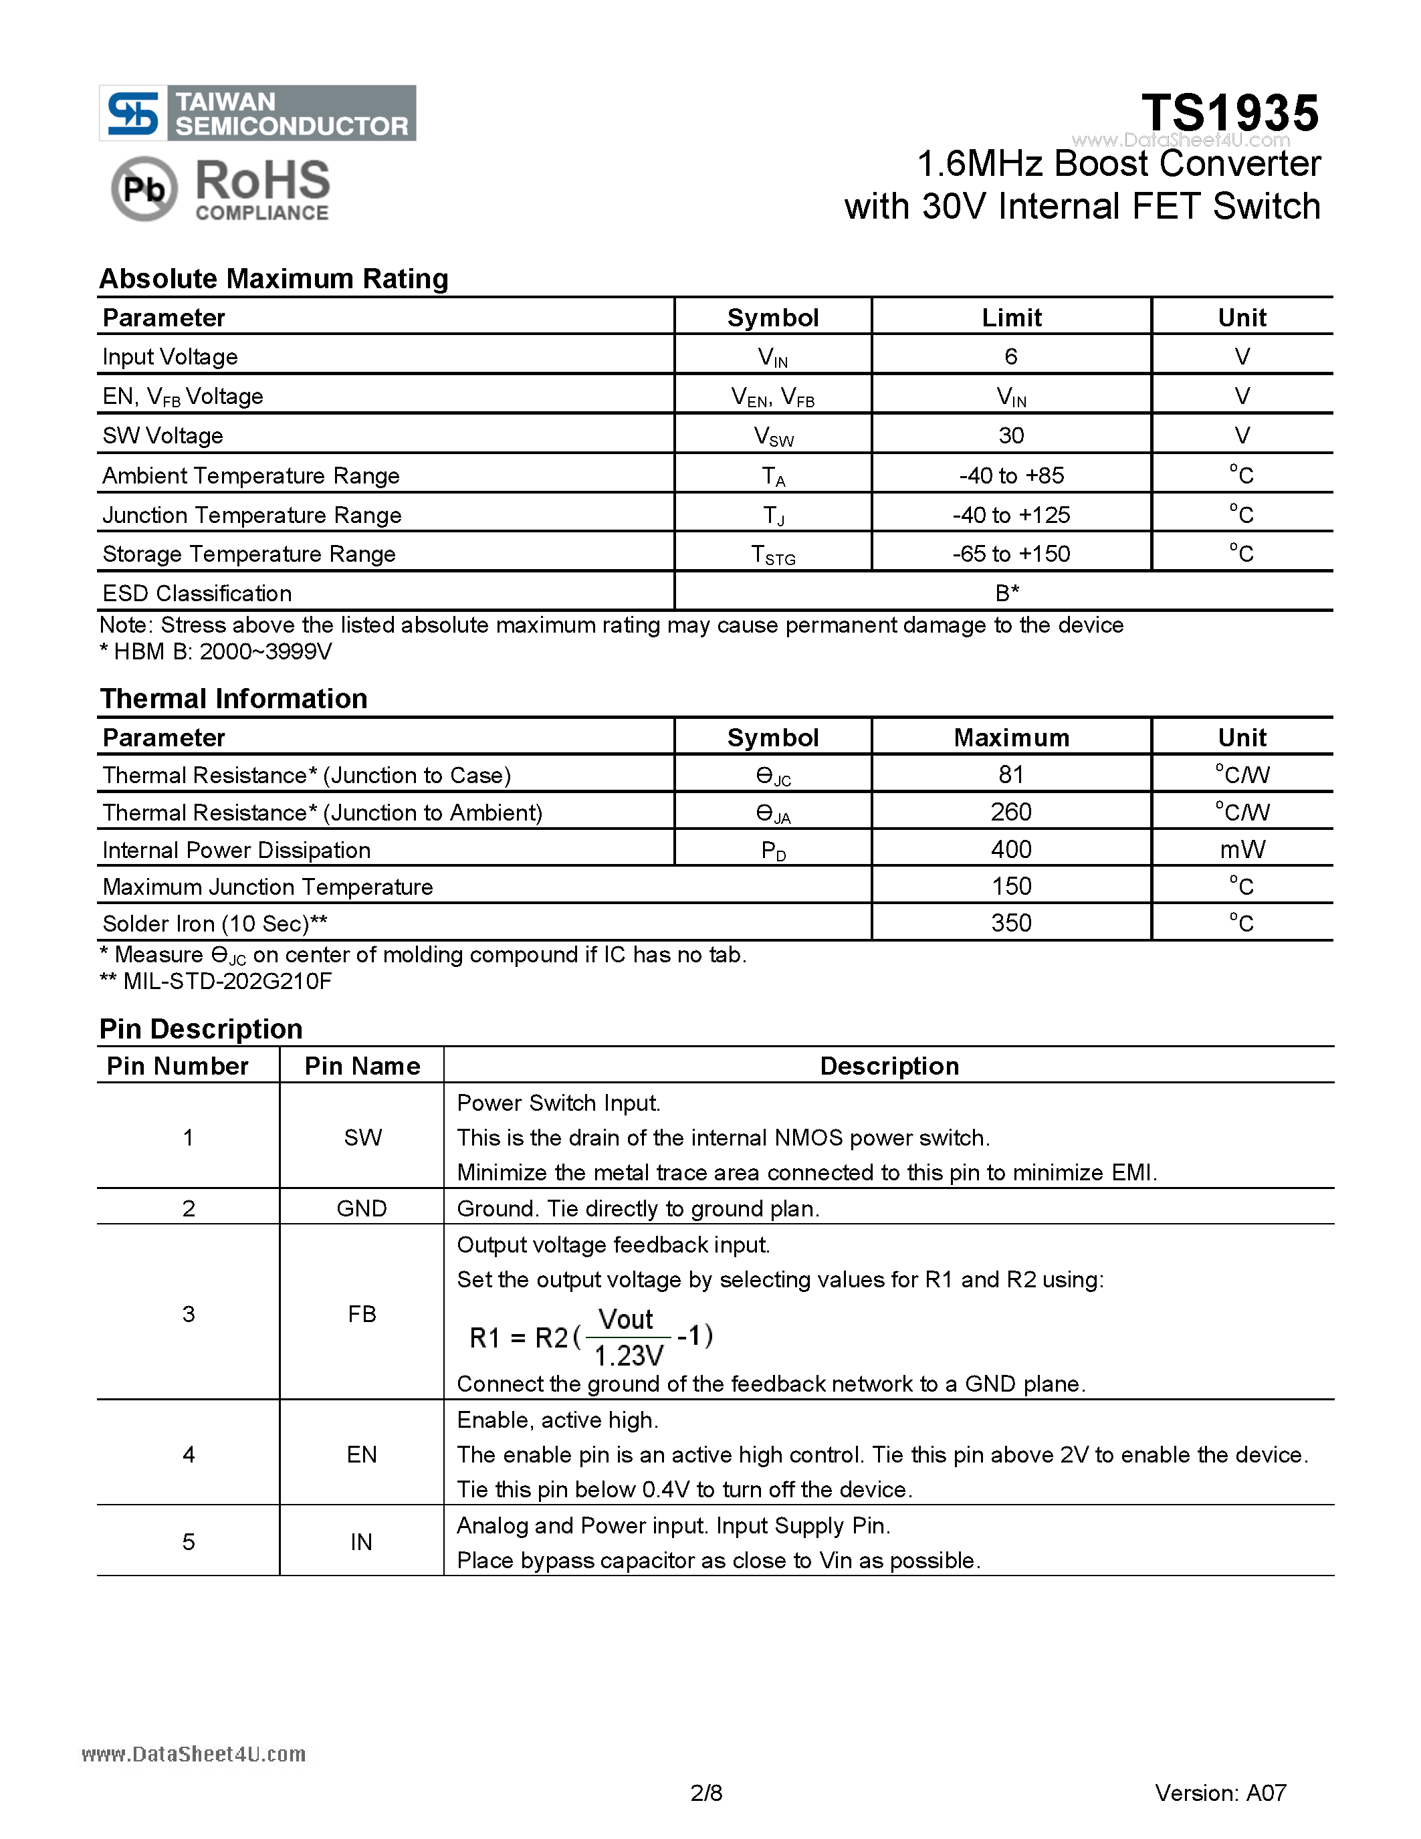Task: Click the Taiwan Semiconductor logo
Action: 257,113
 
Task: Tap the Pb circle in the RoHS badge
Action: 144,189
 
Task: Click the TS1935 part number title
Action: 1229,113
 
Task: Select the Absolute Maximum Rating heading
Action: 274,279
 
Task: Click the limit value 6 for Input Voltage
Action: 1010,356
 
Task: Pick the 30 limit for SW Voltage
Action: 1010,435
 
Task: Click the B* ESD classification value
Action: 1007,592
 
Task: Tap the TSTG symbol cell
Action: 773,555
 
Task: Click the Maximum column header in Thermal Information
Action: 1010,738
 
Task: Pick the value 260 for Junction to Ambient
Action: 1010,812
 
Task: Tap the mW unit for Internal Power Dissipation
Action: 1242,849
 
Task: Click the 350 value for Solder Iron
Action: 1010,923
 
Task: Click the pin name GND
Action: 361,1208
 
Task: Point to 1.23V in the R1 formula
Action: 629,1356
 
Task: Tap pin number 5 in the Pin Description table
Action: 188,1542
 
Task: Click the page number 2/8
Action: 705,1793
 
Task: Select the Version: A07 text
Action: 1220,1793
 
